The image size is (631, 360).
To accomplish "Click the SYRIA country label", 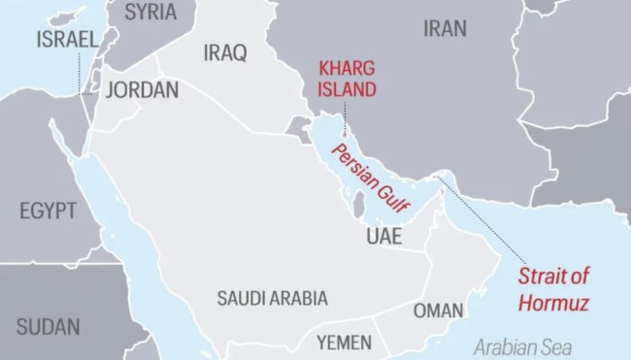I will (x=150, y=12).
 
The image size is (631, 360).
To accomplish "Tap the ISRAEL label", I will (x=67, y=40).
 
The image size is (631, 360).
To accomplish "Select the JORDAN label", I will (x=142, y=90).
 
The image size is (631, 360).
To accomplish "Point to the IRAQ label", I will (x=225, y=52).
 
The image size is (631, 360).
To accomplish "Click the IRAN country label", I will (x=445, y=29).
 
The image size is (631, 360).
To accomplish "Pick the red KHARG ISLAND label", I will (x=349, y=80).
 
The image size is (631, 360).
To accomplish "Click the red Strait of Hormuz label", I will (x=553, y=288).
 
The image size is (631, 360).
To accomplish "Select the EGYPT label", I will (x=48, y=211).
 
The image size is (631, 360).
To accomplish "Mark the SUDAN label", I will (x=48, y=325).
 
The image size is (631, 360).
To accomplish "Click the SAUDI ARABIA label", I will (x=272, y=298).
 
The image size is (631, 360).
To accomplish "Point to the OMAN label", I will (x=439, y=311).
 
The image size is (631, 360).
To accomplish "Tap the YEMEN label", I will (x=344, y=342).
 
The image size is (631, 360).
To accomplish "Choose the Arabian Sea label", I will (x=523, y=346).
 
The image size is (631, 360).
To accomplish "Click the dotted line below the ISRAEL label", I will (x=80, y=73).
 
